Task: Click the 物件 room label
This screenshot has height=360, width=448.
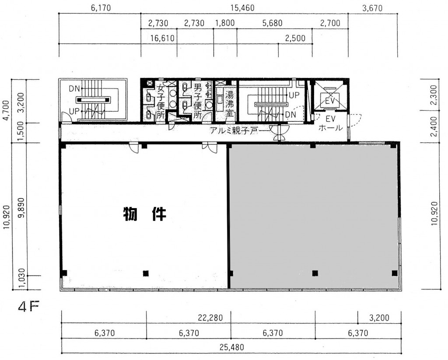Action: pyautogui.click(x=144, y=214)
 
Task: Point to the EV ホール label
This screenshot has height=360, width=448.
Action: pyautogui.click(x=330, y=124)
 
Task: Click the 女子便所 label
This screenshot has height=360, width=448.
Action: pyautogui.click(x=161, y=101)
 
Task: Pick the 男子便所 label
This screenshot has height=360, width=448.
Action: pyautogui.click(x=198, y=101)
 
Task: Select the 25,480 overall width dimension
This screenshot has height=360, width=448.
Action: pyautogui.click(x=232, y=347)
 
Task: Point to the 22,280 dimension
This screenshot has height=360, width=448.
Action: pyautogui.click(x=210, y=318)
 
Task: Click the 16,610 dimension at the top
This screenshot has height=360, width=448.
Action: pyautogui.click(x=162, y=38)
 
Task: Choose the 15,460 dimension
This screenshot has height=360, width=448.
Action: pyautogui.click(x=242, y=8)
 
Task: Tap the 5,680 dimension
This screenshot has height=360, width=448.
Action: pyautogui.click(x=272, y=23)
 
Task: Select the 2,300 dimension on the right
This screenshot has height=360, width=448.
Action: pyautogui.click(x=434, y=95)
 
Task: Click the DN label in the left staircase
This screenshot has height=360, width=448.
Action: pyautogui.click(x=74, y=89)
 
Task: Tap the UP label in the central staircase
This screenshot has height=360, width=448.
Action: pyautogui.click(x=294, y=95)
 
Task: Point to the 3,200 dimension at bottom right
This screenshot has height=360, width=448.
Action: pyautogui.click(x=379, y=318)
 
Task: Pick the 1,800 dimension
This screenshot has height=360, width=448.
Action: pyautogui.click(x=224, y=23)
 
